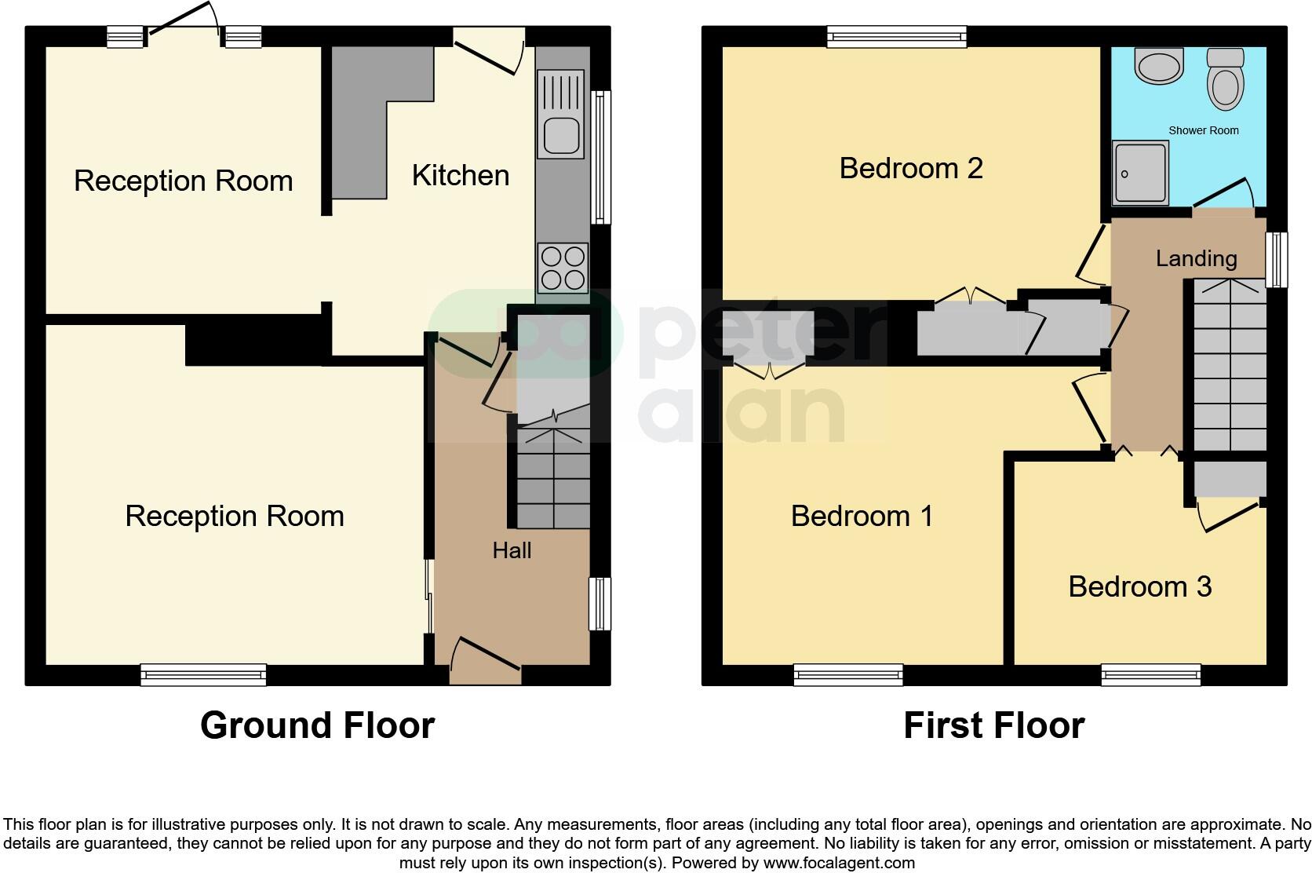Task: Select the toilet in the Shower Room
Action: click(1225, 79)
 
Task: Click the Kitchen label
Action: click(461, 176)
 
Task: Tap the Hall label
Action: click(512, 551)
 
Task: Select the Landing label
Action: click(1196, 258)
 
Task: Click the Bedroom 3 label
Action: click(1139, 586)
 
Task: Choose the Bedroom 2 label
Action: click(910, 168)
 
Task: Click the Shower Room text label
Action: click(1203, 130)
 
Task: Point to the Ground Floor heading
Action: click(317, 725)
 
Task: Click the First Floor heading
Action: click(993, 725)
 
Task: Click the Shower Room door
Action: click(1226, 194)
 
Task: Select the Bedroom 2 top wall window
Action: click(897, 35)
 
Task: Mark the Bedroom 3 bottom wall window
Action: click(1150, 674)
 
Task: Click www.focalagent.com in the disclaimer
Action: click(839, 863)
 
